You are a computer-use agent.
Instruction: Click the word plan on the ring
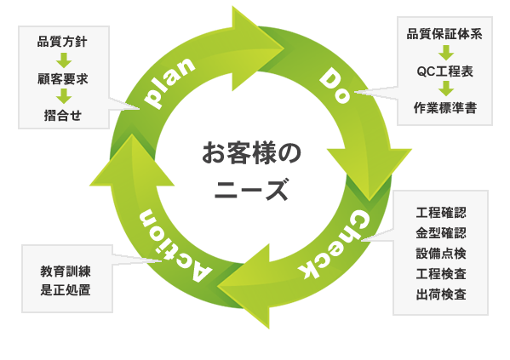170,83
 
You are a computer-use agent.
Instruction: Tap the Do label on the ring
335,85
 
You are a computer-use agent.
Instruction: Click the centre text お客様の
251,153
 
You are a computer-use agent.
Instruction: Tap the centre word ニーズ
251,190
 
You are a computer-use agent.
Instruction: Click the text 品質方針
62,42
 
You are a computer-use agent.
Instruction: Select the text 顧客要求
63,79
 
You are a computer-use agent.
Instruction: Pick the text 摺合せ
63,116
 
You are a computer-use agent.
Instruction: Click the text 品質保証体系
444,34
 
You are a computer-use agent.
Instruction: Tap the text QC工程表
444,71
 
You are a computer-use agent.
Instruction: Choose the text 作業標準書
445,108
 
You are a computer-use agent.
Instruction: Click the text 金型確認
441,233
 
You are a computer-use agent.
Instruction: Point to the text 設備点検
441,254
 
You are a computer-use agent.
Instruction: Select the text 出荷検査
441,294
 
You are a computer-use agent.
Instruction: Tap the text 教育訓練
66,271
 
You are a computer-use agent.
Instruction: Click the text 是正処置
66,289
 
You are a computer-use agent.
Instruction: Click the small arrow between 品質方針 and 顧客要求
64,60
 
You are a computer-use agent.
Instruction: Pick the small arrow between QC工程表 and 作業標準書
446,89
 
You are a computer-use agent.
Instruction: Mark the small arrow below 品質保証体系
446,53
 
